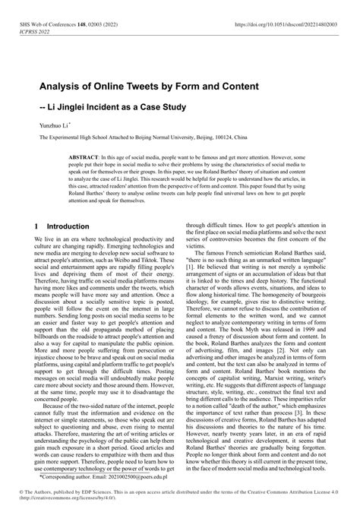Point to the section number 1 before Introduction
[x=37, y=226]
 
